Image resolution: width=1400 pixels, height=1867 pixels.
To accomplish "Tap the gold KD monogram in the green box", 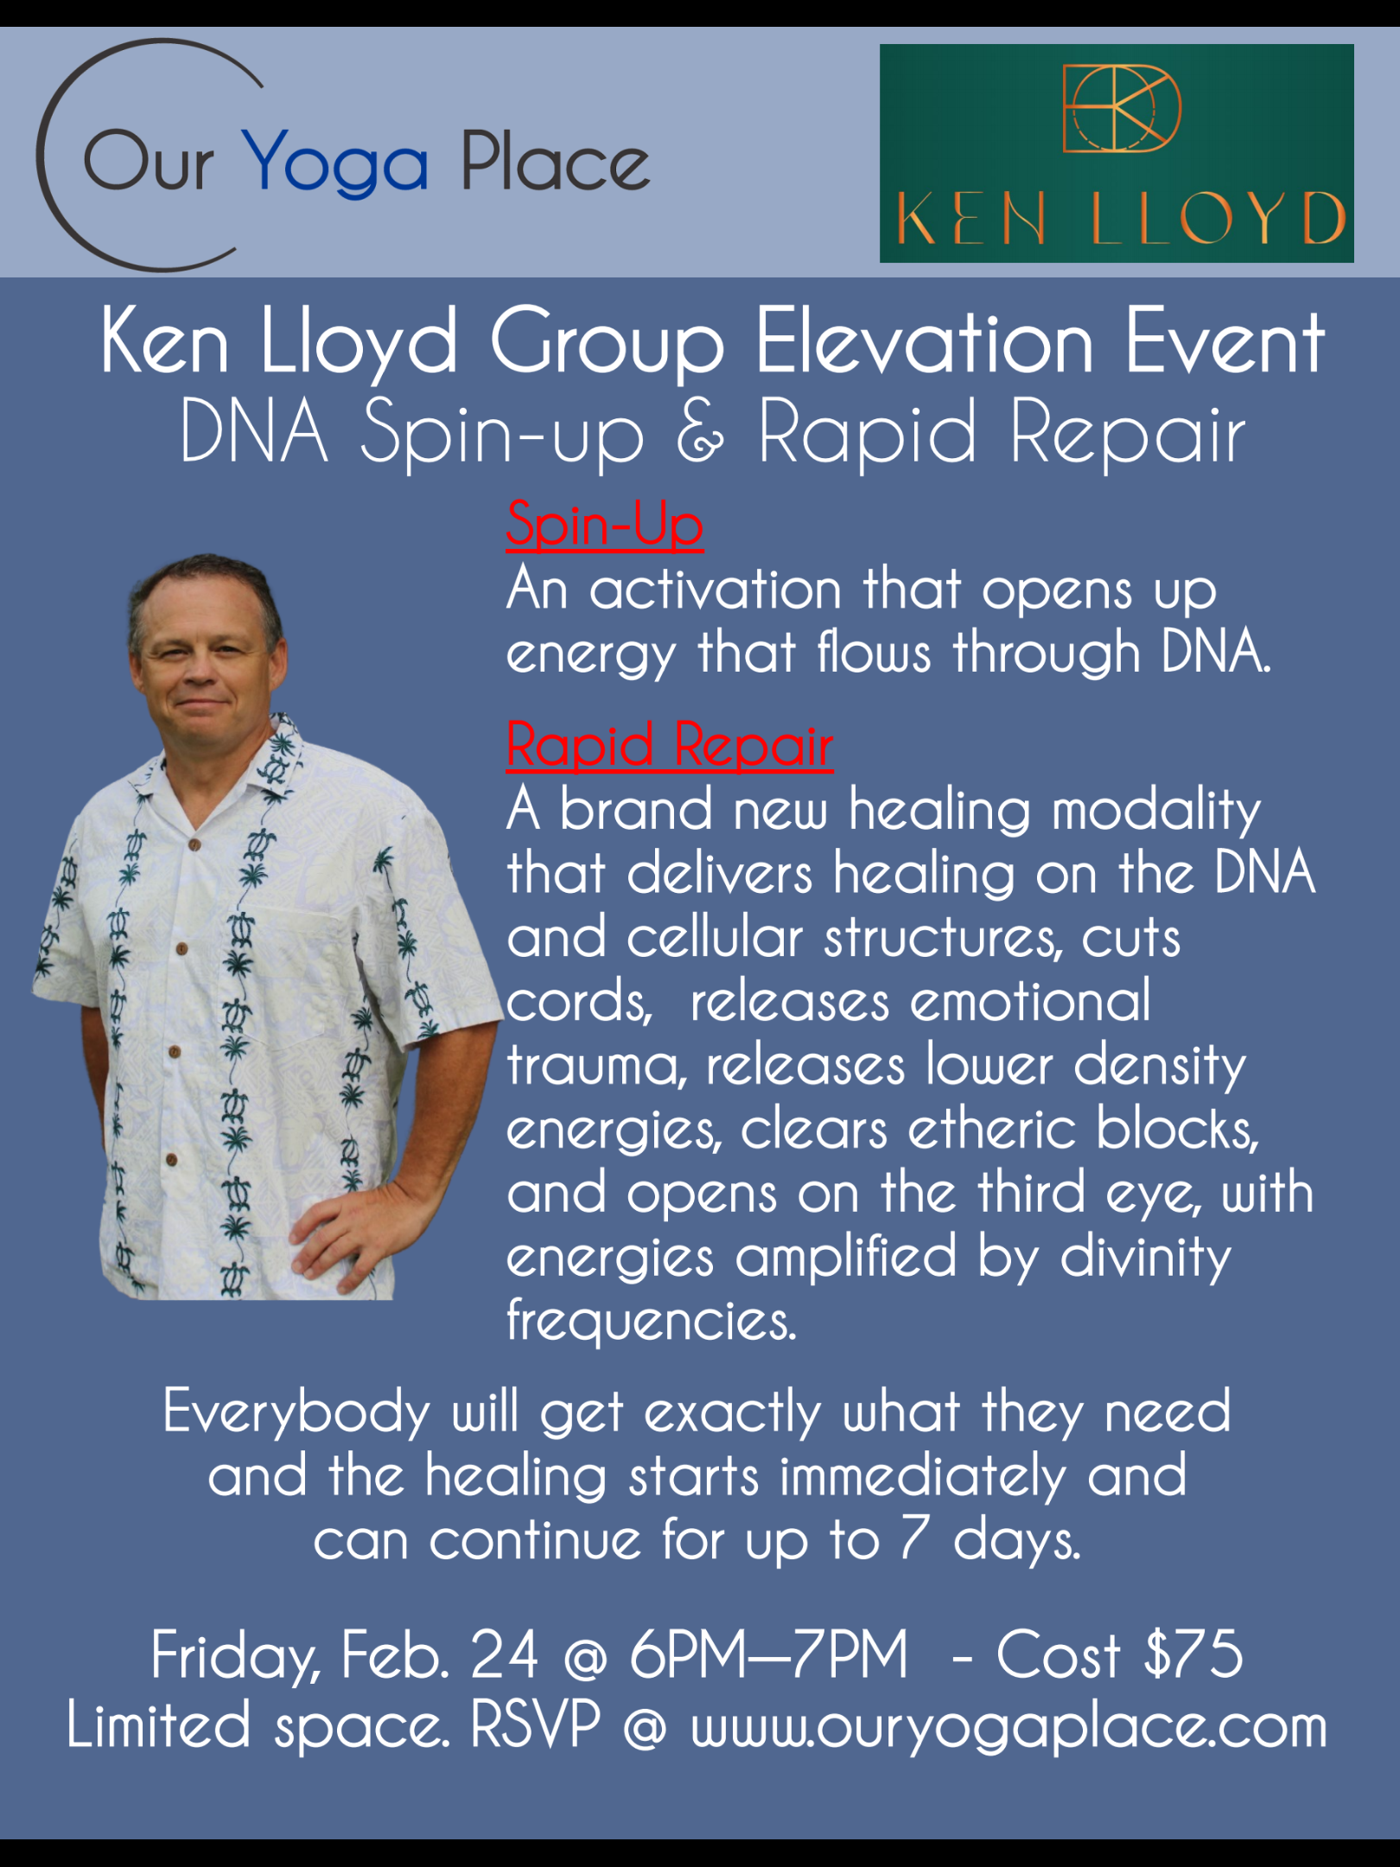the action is pos(1121,108).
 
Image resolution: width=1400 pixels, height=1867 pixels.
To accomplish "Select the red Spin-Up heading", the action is pos(605,525).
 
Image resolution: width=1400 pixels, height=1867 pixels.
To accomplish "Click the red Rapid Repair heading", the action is pos(670,745).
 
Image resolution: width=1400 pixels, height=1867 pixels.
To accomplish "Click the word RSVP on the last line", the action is pos(535,1725).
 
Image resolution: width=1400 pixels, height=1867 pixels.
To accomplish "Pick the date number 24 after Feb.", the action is pos(504,1655).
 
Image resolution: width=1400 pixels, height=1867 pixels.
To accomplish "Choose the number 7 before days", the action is pos(914,1539).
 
